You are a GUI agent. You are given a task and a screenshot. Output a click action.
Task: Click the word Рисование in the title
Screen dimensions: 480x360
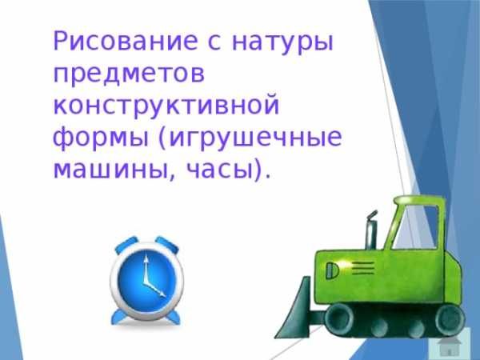pos(126,41)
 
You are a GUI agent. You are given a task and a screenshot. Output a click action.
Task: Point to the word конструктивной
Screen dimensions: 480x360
pos(166,105)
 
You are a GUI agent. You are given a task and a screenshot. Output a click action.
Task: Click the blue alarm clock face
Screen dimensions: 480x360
pos(147,281)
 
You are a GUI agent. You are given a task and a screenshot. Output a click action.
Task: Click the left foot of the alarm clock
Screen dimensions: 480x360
pos(120,317)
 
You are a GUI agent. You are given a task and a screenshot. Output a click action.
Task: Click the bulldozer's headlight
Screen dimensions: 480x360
pos(331,270)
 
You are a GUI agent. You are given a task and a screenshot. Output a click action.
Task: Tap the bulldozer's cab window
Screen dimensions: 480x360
pos(417,226)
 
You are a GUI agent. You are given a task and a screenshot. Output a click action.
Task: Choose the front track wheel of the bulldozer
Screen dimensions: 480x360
pos(338,318)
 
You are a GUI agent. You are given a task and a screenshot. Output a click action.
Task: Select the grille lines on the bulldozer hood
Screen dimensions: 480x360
pos(363,268)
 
